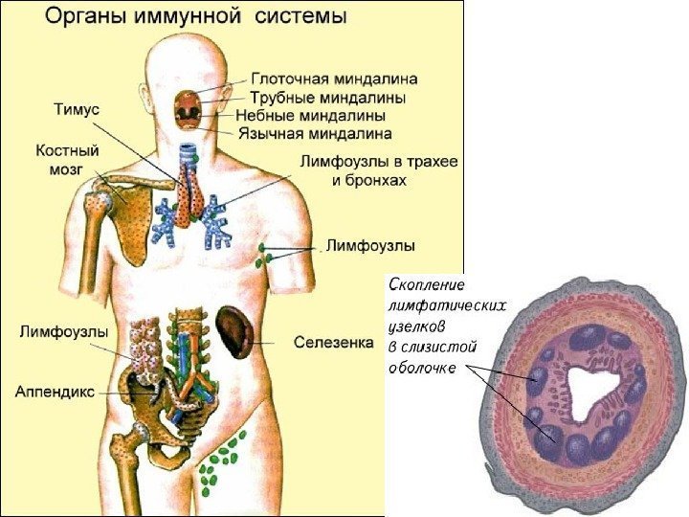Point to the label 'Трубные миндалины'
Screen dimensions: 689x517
(x=328, y=98)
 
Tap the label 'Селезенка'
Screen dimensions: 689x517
(x=334, y=341)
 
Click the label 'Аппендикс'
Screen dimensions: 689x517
(x=54, y=391)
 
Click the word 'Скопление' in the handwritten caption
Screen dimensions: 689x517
(x=428, y=284)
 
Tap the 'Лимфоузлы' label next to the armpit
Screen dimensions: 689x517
(x=371, y=246)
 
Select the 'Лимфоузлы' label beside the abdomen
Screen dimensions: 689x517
(x=63, y=331)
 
